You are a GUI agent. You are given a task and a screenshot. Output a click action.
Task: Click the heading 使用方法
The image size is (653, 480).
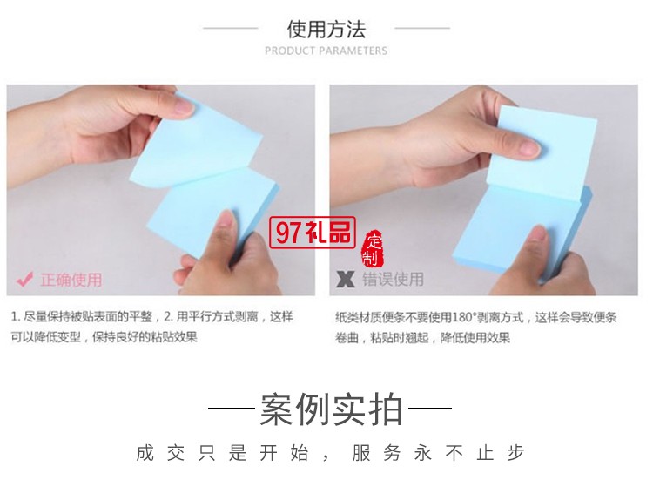(326, 29)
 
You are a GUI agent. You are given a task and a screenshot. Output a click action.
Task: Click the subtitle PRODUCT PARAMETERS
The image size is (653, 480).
(326, 51)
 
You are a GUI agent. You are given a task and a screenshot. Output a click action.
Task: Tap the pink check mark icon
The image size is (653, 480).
(24, 280)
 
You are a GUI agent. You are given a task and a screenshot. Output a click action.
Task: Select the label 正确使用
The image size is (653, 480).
(71, 280)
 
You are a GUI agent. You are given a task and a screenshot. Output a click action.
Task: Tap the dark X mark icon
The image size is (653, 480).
(346, 280)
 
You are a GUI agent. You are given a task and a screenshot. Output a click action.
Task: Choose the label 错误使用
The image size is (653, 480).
(393, 280)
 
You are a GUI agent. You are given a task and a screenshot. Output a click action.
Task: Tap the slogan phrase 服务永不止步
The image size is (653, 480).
(438, 453)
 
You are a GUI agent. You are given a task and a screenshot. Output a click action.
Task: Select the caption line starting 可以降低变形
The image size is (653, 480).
(104, 337)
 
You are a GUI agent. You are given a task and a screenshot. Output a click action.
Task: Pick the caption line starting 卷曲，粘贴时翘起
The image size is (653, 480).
(422, 338)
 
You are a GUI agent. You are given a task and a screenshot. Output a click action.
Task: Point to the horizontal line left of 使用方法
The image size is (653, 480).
(231, 29)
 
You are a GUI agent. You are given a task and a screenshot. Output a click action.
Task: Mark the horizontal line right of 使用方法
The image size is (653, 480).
(421, 29)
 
